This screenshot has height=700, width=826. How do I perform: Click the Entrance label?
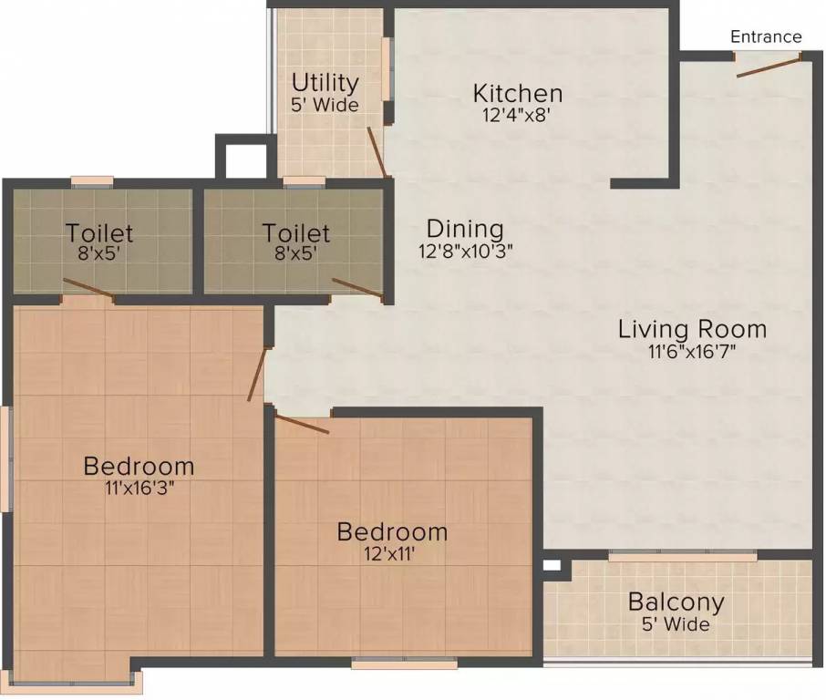pos(766,36)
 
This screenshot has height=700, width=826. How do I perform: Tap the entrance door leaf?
pos(769,67)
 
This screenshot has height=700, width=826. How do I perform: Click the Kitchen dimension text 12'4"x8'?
pos(516,115)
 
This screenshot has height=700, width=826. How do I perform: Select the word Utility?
pos(325,84)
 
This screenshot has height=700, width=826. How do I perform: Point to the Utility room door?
pos(377,151)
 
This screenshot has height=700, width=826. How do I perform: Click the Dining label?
pos(465,230)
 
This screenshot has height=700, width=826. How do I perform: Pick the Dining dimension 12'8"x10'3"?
pos(466,252)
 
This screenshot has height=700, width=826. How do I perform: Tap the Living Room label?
pos(692,329)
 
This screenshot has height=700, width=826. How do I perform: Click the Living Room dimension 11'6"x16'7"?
pos(692,351)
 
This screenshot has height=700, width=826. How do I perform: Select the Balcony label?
pos(676,602)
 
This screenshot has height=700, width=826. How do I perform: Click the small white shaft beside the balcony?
pos(552,566)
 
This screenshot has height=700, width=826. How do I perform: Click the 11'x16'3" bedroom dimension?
pos(139,489)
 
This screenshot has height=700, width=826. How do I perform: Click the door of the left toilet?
pos(88,289)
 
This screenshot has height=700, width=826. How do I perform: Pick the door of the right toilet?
pos(357,290)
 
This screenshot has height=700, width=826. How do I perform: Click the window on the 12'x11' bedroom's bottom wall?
pos(405,664)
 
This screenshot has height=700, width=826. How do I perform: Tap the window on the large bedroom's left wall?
pos(6,458)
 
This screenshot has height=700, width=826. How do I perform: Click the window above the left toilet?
pos(92,181)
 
